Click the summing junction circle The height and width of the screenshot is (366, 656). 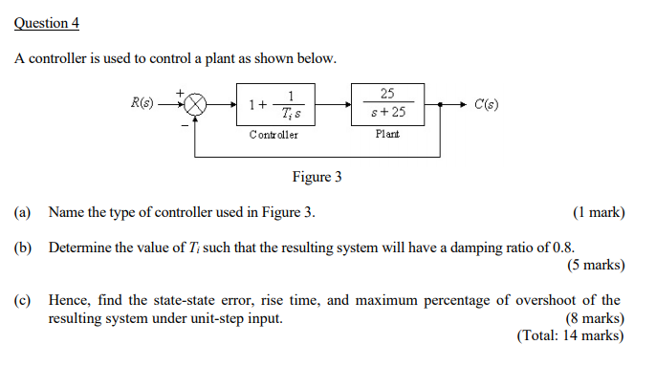196,104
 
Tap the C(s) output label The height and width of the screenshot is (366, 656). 486,103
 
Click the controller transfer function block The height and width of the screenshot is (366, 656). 275,104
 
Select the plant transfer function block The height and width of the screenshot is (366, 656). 387,103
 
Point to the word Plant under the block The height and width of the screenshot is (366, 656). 387,135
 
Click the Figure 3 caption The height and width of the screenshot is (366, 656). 317,177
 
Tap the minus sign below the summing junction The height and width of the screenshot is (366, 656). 183,124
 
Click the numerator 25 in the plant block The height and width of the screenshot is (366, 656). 387,94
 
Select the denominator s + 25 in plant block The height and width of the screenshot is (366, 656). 387,113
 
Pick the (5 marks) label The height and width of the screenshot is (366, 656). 596,265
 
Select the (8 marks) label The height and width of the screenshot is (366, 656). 596,318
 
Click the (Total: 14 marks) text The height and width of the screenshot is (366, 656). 571,335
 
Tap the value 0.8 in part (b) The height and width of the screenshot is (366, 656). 562,248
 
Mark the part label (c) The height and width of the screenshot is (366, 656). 22,300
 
